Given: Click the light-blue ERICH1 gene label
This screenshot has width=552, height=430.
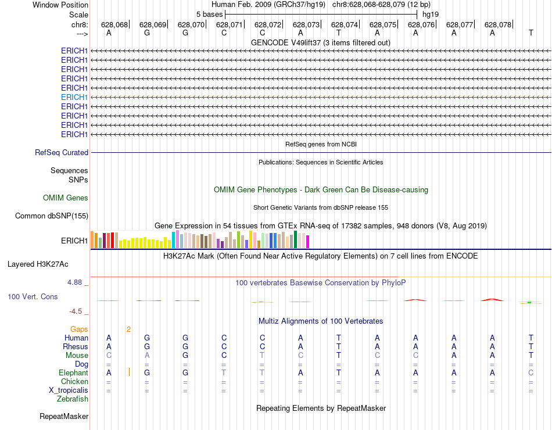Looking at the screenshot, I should click(74, 97).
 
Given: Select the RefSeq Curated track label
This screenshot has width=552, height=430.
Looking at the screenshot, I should click(62, 153).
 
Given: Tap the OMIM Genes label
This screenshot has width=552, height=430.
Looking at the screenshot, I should click(66, 198).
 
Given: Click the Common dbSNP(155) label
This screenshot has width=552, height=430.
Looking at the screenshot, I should click(52, 216).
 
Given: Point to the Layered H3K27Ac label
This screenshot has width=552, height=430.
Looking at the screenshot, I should click(38, 264).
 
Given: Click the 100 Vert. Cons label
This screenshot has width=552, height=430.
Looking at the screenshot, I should click(33, 296).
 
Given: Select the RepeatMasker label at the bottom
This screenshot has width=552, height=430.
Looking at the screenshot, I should click(64, 417).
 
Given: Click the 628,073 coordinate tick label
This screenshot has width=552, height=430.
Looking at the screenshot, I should click(306, 25).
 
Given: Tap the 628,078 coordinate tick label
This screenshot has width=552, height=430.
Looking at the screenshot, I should click(498, 25).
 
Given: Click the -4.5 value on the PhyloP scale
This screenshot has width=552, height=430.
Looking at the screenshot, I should click(77, 311).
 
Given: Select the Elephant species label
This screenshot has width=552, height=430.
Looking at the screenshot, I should click(73, 373).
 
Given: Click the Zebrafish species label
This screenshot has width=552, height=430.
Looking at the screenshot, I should click(73, 399).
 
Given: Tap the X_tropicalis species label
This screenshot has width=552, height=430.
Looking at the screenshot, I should click(69, 390).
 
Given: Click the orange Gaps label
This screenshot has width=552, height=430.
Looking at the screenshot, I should click(79, 329).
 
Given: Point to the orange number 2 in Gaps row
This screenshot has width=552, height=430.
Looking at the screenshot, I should click(128, 329).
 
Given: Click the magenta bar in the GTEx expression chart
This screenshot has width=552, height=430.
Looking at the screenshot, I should click(307, 241).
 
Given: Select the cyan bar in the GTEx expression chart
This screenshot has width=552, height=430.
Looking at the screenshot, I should click(173, 240).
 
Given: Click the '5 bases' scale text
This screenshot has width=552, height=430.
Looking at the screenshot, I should click(209, 14).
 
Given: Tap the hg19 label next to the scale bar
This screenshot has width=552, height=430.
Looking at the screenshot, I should click(431, 14).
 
